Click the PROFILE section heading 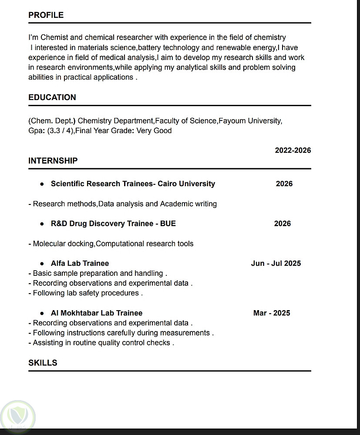pos(46,15)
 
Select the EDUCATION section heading pos(52,97)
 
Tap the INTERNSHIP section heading pos(53,161)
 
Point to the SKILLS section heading pos(43,363)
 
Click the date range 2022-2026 pos(293,151)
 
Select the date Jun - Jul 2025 pos(276,263)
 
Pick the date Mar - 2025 pos(272,313)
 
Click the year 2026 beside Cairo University pos(284,184)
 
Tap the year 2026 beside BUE pos(283,224)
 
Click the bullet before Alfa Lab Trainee pos(42,264)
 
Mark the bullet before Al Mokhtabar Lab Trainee pos(42,313)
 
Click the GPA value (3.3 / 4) pos(59,130)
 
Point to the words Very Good pos(154,130)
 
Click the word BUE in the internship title pos(168,224)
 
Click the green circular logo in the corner pos(18,416)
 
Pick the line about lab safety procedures pos(86,293)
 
